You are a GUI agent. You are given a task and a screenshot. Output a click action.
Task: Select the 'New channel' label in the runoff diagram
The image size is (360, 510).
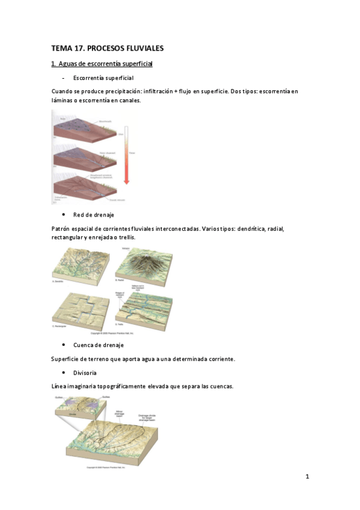point(107,153)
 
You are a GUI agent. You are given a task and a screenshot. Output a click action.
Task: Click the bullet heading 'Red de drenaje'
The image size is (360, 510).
point(93,215)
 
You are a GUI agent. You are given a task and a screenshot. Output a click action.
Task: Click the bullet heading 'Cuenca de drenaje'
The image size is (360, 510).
point(98,345)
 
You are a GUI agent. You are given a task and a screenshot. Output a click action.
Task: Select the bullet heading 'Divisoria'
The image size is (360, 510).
point(87,373)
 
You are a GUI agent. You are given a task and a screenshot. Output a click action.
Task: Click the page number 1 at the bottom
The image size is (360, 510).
point(307,477)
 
